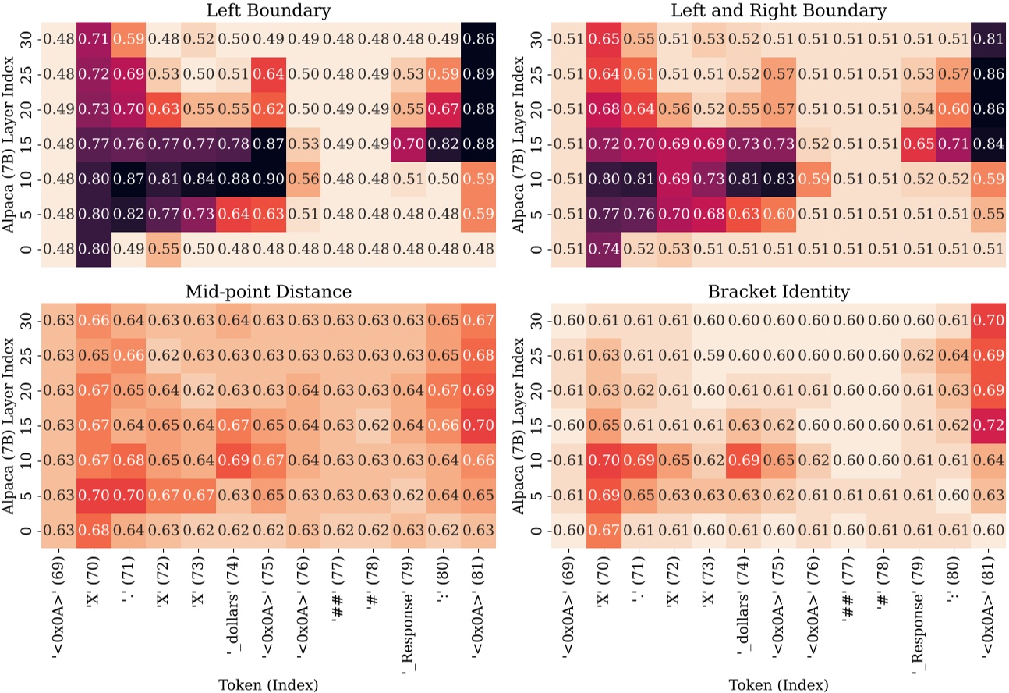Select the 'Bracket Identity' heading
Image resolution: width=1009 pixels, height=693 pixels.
click(x=777, y=292)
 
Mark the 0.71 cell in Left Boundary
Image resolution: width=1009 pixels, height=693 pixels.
click(x=96, y=41)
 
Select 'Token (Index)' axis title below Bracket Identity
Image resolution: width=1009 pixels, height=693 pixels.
click(x=777, y=684)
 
